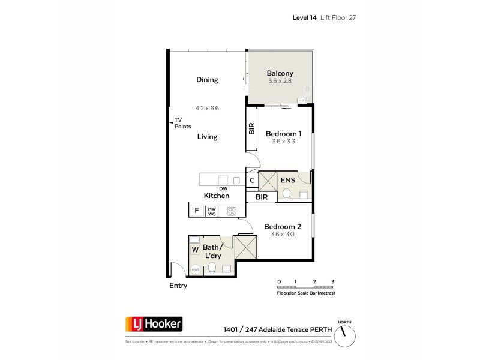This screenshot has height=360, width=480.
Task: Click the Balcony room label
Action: (280, 74)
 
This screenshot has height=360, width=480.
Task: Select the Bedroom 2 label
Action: (283, 227)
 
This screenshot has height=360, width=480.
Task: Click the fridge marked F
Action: (196, 211)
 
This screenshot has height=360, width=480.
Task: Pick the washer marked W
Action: (195, 249)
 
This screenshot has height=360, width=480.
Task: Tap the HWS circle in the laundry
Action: (196, 270)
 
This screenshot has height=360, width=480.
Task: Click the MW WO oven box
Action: (211, 211)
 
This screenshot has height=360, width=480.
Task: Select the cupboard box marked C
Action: (252, 180)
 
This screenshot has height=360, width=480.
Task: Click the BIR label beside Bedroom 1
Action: (252, 128)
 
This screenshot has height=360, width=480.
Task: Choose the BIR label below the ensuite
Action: (262, 197)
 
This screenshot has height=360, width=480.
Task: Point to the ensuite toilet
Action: (287, 194)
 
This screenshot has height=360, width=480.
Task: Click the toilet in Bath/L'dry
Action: (211, 267)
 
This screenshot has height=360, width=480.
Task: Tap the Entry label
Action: (178, 286)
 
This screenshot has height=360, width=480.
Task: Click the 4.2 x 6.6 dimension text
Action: (207, 108)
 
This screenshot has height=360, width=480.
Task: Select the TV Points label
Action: (182, 123)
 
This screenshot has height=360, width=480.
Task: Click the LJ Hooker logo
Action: (153, 325)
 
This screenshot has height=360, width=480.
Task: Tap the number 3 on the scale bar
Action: (332, 281)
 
